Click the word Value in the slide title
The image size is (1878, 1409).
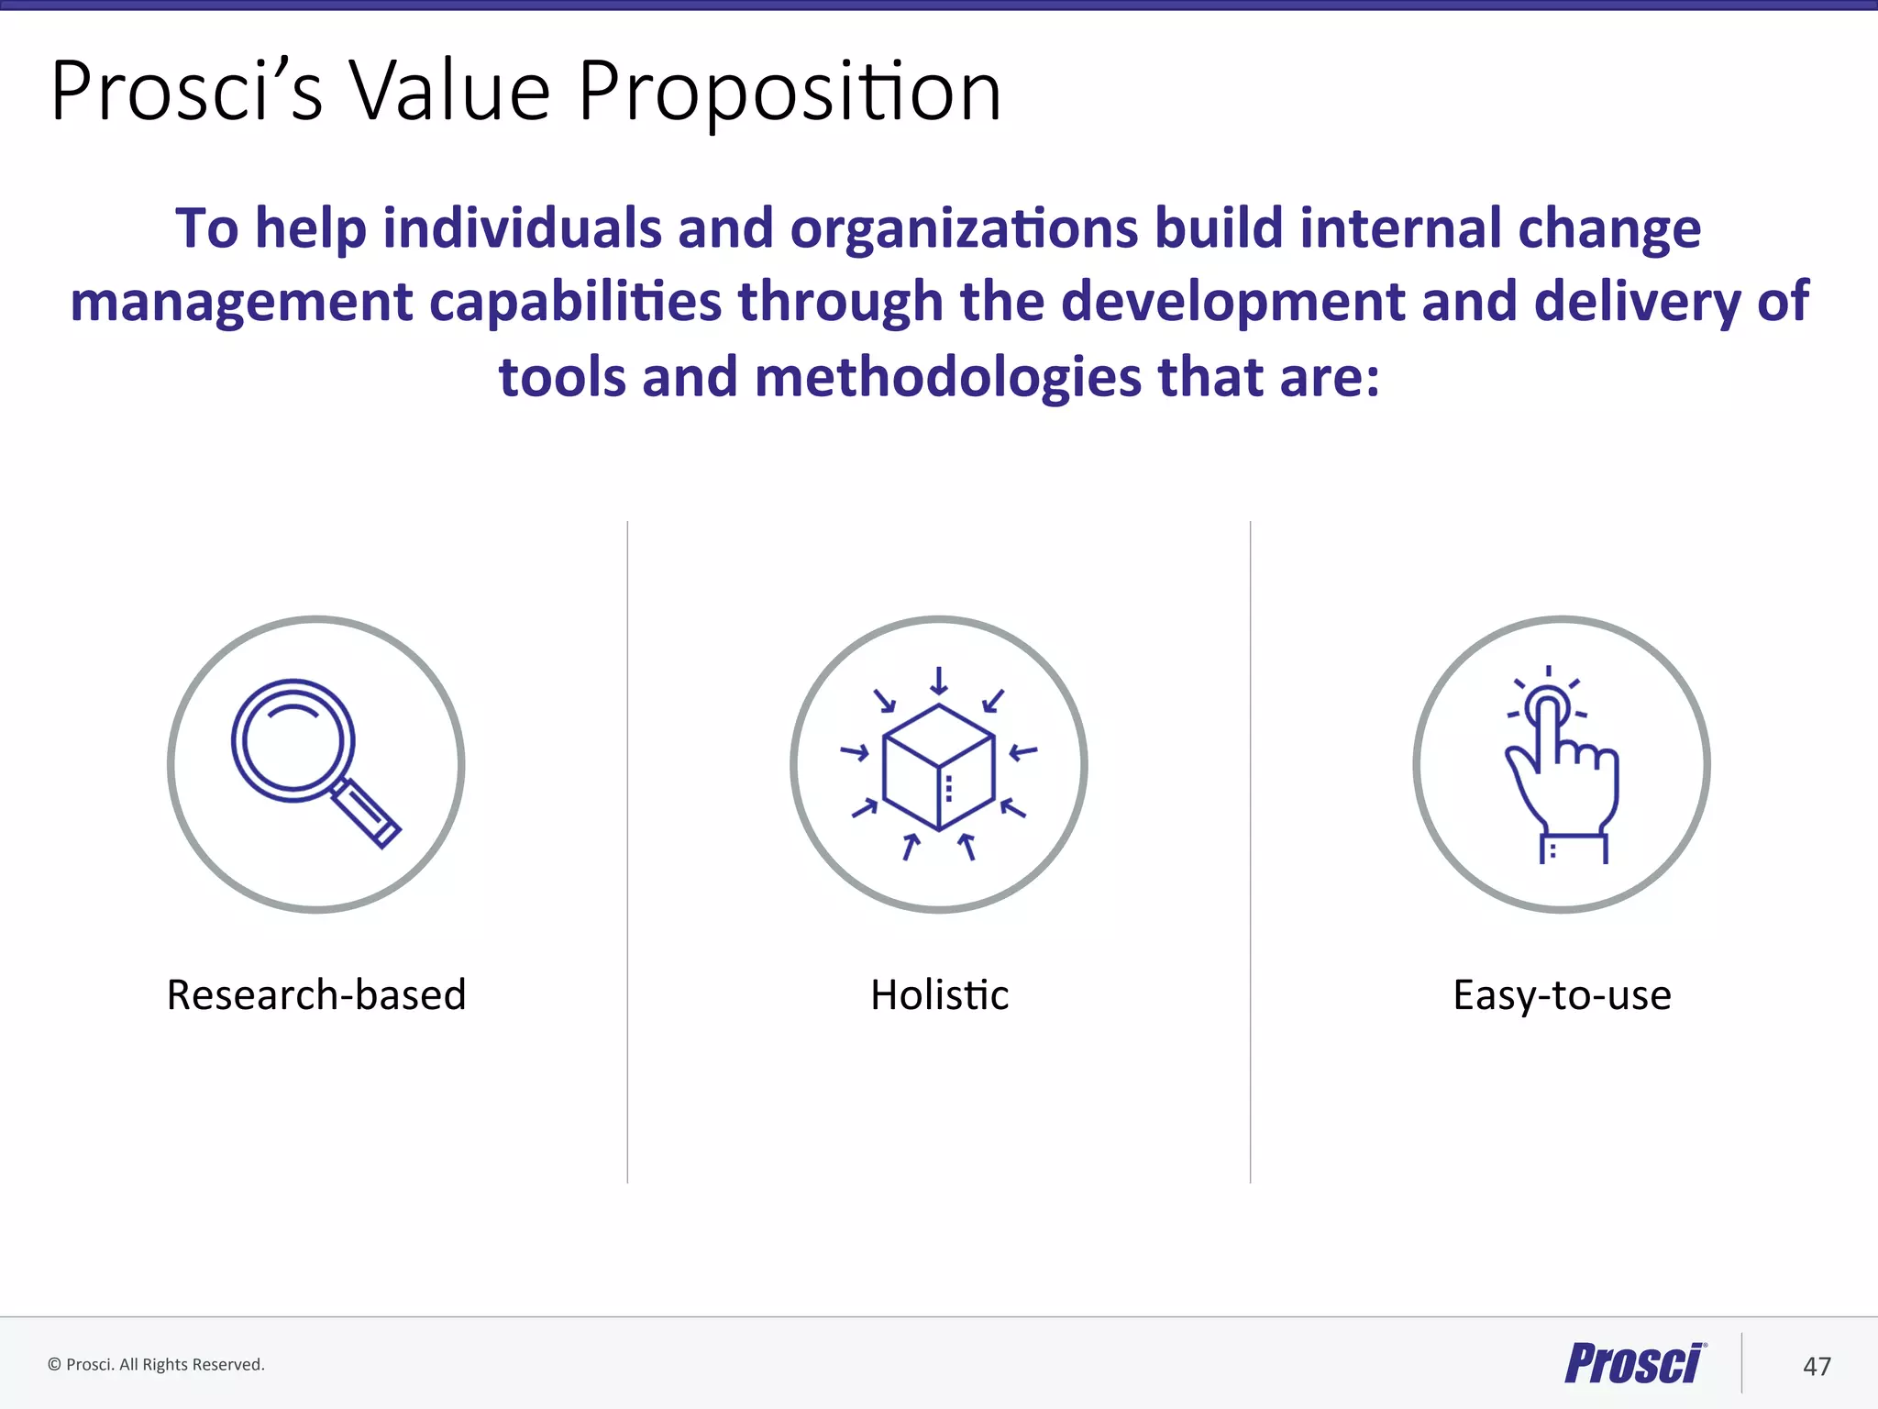(x=449, y=92)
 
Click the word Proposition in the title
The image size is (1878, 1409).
(x=789, y=92)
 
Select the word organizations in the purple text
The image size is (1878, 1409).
(x=963, y=229)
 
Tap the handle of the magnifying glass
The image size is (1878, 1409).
(x=365, y=813)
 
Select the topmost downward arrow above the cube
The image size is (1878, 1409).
(x=938, y=681)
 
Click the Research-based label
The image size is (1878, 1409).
(x=316, y=995)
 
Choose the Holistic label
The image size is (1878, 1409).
(x=939, y=995)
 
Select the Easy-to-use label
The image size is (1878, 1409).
(x=1562, y=995)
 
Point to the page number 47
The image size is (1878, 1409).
(x=1817, y=1367)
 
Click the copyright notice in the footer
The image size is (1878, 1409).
(x=156, y=1365)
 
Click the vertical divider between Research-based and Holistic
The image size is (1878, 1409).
(x=627, y=853)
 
